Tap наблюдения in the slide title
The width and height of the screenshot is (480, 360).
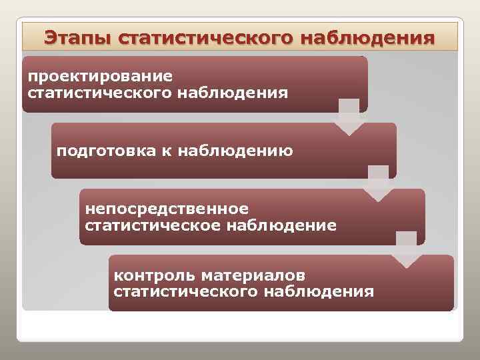(367, 37)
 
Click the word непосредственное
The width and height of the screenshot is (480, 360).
(167, 209)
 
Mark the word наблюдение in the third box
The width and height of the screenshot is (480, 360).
(281, 225)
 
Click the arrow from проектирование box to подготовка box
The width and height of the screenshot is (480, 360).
(349, 117)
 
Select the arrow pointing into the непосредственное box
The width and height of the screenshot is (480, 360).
(378, 183)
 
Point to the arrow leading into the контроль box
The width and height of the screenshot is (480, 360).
(406, 249)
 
